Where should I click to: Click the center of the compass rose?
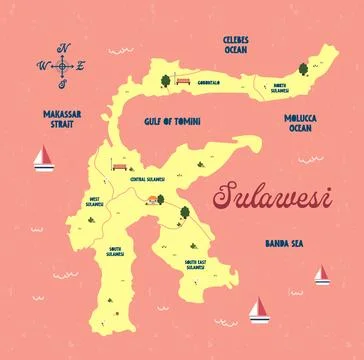coord(62,67)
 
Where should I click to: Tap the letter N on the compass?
coord(62,48)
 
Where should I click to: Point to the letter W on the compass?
coord(41,68)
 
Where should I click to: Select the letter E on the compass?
coord(82,68)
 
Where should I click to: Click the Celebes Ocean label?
coord(237,43)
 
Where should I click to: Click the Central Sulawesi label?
coord(148,181)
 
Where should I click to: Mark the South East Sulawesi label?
coord(196,264)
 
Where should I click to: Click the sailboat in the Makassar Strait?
coord(42,158)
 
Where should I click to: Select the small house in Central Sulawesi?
coord(152,198)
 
